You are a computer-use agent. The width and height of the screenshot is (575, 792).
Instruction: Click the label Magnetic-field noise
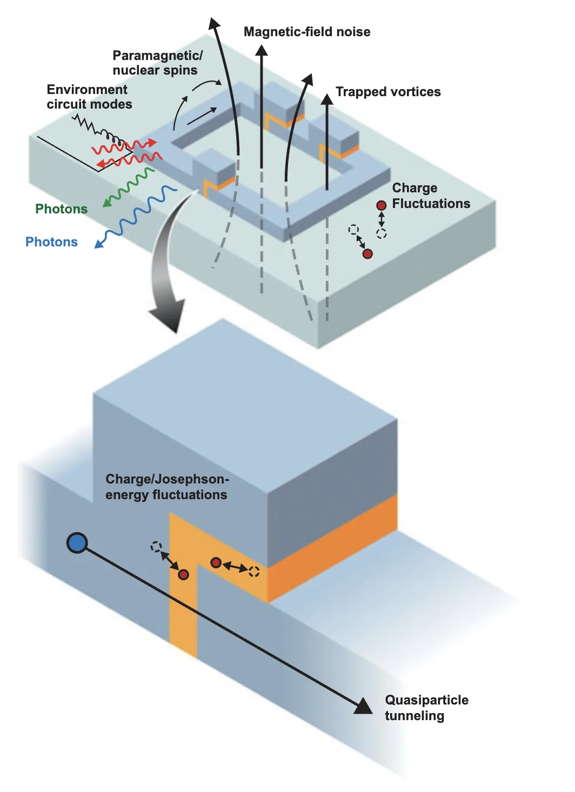306,32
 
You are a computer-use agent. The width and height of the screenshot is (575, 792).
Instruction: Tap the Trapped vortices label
388,92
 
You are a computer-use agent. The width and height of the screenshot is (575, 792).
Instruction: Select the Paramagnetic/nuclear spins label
157,63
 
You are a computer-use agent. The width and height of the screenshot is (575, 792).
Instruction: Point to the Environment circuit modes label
90,97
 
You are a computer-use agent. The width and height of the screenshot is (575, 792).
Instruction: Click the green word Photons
61,209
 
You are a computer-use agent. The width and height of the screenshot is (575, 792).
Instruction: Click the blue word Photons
51,241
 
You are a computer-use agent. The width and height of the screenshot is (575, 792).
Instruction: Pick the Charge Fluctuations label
431,196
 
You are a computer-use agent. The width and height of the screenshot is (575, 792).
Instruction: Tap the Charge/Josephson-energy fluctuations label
167,487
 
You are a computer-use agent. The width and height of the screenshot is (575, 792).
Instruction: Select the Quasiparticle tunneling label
426,708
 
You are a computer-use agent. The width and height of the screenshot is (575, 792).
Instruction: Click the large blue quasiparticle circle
77,543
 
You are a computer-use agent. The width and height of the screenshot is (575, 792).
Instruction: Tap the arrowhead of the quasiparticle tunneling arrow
364,707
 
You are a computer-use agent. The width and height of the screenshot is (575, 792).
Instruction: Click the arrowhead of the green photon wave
107,203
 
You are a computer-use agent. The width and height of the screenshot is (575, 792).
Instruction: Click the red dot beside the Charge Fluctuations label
381,205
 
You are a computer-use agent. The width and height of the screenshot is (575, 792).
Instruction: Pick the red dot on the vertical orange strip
183,575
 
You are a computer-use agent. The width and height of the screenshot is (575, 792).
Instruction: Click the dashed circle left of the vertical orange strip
156,547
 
